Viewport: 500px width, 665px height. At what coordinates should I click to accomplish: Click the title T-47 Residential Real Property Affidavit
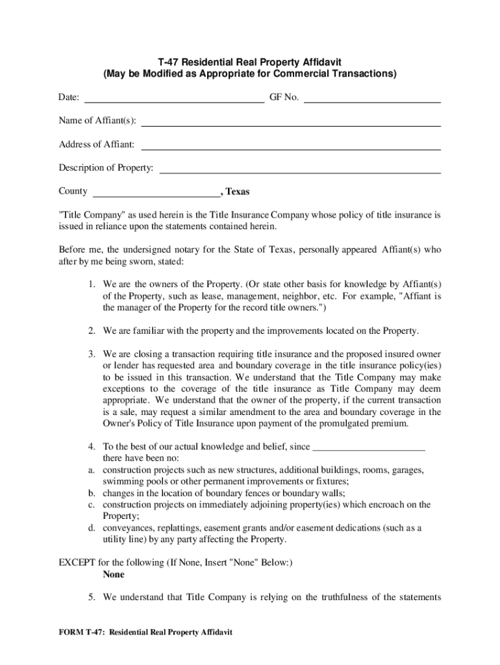tap(249, 61)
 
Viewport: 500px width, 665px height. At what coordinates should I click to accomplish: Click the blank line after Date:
tap(175, 102)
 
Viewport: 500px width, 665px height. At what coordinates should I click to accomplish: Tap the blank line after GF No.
tap(372, 102)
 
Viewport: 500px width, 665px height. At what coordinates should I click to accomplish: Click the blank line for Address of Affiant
tap(291, 149)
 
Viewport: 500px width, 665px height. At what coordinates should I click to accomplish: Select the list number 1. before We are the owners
tap(93, 284)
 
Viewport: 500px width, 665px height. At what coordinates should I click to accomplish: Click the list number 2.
tap(93, 331)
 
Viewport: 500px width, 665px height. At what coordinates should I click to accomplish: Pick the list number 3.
tap(93, 354)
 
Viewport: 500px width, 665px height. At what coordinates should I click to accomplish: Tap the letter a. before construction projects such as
tap(93, 470)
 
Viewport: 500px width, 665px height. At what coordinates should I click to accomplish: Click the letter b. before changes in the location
tap(93, 493)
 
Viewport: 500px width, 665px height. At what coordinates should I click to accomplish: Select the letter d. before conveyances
tap(93, 528)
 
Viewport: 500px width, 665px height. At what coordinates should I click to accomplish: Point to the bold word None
tap(114, 575)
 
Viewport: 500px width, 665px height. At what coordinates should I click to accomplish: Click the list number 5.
tap(93, 597)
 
